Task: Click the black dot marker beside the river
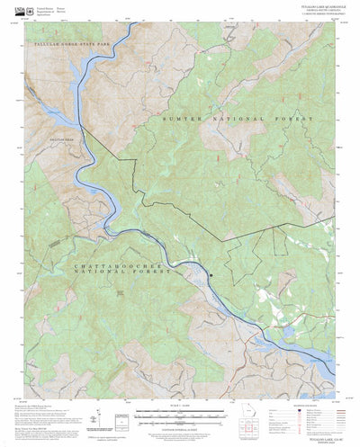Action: (211, 276)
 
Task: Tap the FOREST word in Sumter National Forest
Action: (297, 119)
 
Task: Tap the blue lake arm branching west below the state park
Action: (36, 117)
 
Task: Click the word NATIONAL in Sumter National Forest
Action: (244, 119)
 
